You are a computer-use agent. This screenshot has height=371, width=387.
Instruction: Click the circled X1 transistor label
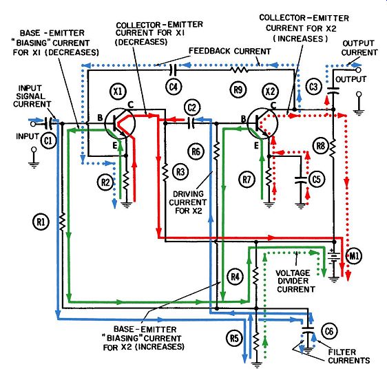tap(118, 92)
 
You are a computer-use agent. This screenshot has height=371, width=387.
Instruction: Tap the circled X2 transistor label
tap(270, 92)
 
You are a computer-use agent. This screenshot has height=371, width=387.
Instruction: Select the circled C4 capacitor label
tap(174, 87)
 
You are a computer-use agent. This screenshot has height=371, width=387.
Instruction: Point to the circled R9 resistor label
tap(238, 90)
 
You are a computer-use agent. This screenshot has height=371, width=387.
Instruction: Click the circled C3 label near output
tap(314, 87)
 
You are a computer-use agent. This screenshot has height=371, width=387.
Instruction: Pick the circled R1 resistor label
tap(41, 222)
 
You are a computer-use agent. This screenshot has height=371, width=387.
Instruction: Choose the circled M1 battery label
tap(354, 256)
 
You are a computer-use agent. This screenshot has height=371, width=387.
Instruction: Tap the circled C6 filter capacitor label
tap(329, 332)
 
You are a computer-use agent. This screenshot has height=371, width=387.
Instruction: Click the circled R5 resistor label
tap(234, 338)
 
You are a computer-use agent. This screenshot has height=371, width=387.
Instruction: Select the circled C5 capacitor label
tap(316, 180)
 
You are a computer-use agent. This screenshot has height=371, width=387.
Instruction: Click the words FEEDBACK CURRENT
tap(229, 51)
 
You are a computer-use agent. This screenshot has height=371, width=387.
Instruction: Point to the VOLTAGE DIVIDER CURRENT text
tap(295, 282)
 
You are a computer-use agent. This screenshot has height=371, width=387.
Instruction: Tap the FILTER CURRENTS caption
tap(348, 356)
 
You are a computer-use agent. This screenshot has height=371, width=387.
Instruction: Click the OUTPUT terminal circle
tap(358, 70)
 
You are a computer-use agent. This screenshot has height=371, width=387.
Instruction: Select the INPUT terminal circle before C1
tap(33, 124)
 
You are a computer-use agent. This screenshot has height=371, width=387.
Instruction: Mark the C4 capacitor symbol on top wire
tap(174, 70)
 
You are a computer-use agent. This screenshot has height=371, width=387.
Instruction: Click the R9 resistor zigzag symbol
tap(239, 70)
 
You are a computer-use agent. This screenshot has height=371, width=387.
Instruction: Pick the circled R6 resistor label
tap(196, 151)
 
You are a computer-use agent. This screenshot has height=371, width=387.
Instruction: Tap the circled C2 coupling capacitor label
tap(192, 108)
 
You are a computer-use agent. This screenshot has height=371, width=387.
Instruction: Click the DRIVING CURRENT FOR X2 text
tap(188, 202)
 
